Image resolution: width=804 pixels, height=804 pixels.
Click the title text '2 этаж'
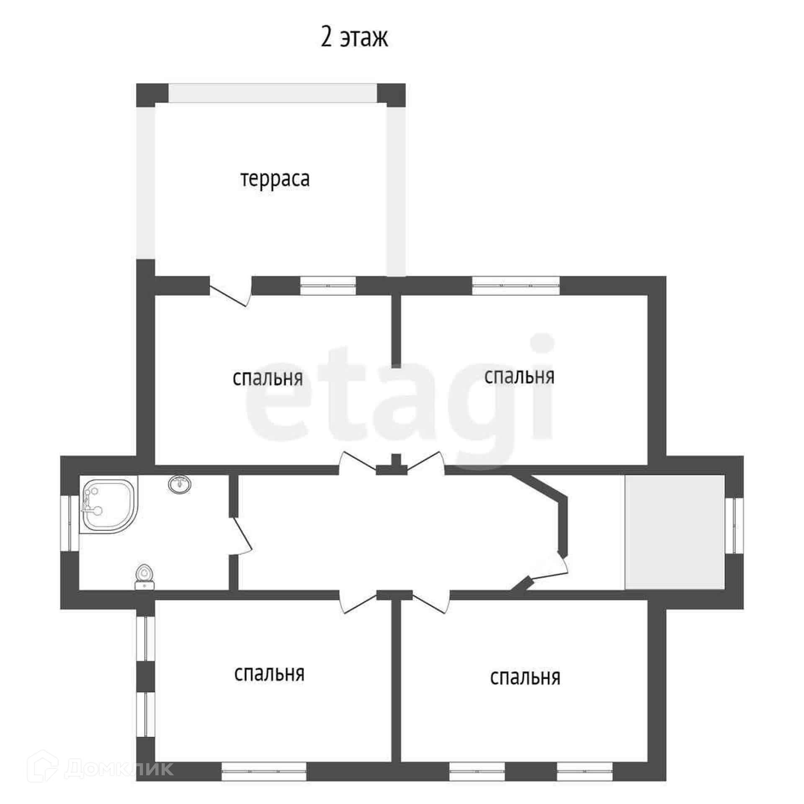point(354,38)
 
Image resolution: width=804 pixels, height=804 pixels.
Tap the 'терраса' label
point(275,179)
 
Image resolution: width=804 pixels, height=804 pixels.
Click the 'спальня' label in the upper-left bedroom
point(268,378)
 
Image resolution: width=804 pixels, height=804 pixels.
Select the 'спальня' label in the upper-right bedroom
point(519,376)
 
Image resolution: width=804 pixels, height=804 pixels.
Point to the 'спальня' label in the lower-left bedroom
point(269,674)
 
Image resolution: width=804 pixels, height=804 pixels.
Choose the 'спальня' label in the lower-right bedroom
point(525,677)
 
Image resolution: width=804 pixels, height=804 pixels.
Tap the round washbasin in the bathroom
point(180,484)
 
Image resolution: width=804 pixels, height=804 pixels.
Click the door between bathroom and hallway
point(241,536)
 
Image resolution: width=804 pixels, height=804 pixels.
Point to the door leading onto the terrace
point(230,292)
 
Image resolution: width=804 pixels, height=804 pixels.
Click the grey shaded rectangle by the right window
point(675,532)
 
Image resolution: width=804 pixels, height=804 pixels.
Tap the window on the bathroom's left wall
point(70,523)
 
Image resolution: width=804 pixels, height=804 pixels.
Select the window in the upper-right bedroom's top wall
point(516,286)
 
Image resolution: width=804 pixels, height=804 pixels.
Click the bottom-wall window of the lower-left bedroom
point(264,771)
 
